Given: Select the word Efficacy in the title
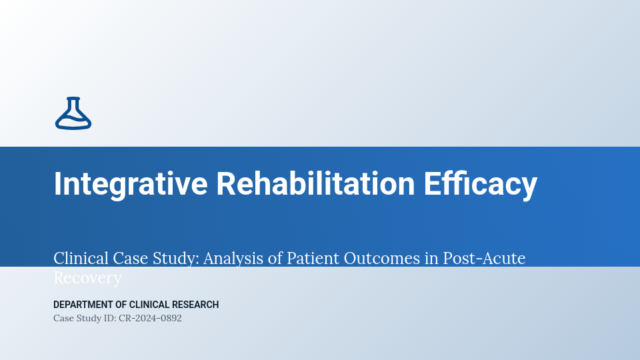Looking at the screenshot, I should click(481, 184).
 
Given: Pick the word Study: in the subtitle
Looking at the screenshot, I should click(175, 258).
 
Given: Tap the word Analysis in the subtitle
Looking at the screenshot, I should click(234, 258).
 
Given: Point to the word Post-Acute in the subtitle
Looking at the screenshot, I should click(485, 258).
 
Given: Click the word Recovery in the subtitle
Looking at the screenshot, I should click(87, 278).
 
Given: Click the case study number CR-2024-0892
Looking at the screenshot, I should click(150, 319).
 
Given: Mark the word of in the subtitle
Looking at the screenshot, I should click(275, 258).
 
